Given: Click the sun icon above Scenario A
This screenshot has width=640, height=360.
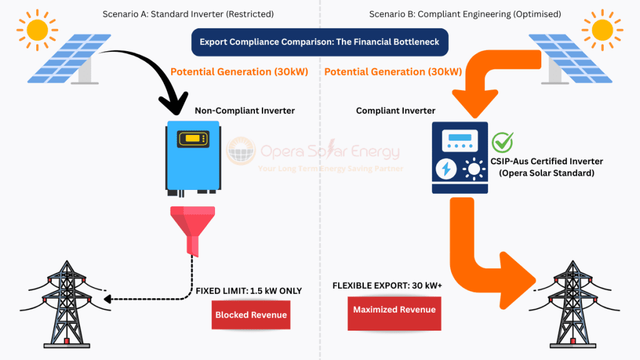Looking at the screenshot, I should click(37, 28).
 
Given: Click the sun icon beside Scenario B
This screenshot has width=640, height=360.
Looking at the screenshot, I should click(602, 28).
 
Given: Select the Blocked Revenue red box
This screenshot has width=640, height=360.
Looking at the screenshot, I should click(251, 315).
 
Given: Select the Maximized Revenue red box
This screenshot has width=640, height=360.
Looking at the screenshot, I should click(394, 310).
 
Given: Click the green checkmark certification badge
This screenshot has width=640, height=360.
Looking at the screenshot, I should click(502, 142).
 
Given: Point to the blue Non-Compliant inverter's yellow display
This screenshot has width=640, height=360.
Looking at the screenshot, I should click(192, 139).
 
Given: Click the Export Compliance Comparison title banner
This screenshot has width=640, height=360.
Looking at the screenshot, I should click(319, 42).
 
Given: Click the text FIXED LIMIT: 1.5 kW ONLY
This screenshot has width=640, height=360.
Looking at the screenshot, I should click(249, 291).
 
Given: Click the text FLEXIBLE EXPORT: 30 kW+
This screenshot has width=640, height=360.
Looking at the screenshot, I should click(387, 285).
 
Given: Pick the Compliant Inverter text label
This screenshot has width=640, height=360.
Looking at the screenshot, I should click(396, 111).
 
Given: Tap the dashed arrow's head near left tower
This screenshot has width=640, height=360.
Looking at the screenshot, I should click(107, 299).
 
